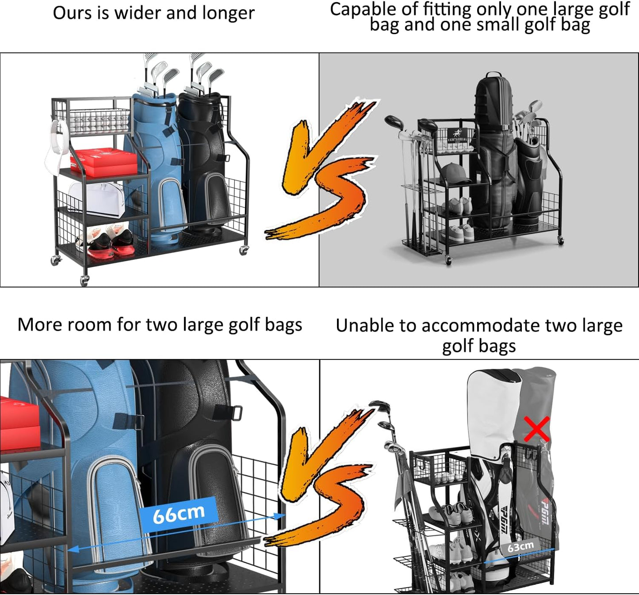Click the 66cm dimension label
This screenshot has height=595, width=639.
178,514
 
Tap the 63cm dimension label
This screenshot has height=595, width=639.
520,547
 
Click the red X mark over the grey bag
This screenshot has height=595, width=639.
537,429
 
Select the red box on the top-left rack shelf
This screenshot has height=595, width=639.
104,162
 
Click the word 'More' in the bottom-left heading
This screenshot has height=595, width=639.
36,325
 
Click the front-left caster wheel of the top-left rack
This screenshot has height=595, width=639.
84,279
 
